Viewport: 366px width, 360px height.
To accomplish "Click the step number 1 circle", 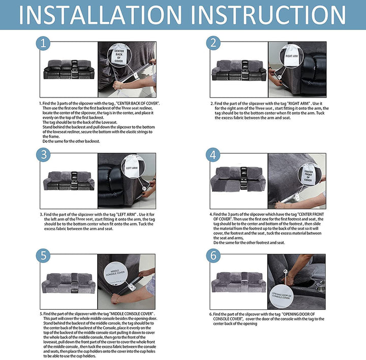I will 44,44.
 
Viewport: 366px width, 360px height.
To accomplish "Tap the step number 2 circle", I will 213,44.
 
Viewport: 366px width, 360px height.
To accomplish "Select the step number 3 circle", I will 44,154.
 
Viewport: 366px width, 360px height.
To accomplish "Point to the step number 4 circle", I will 213,154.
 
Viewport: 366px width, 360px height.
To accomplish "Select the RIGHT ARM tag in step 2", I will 292,52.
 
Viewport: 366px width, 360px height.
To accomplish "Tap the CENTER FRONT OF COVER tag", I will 308,174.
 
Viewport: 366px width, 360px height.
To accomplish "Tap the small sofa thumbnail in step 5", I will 68,281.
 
